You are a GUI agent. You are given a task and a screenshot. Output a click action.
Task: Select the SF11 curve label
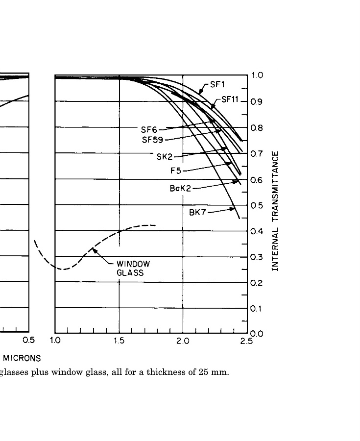click(230, 99)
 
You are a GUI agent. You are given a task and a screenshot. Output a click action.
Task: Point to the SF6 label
click(149, 130)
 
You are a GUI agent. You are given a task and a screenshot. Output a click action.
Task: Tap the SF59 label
click(152, 140)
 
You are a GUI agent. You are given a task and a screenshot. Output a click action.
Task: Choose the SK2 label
click(165, 157)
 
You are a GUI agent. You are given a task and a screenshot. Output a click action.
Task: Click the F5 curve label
click(176, 171)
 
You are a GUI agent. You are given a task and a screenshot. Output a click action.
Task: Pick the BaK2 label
click(180, 188)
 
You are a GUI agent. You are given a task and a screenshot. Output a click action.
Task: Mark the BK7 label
click(197, 213)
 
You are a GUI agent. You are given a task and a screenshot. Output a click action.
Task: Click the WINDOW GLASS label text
click(130, 268)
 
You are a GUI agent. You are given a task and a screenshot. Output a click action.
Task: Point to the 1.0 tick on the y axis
click(257, 75)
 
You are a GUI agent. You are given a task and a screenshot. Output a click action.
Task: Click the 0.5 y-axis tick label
click(257, 205)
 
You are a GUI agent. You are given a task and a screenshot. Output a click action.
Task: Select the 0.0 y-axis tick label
click(257, 334)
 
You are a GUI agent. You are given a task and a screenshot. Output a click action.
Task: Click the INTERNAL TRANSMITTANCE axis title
click(275, 211)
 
